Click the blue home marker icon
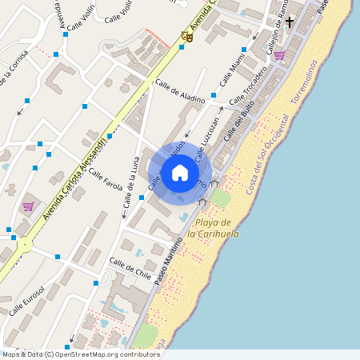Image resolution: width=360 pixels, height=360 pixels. pos(179,173)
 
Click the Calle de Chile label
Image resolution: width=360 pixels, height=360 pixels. pos(130,268)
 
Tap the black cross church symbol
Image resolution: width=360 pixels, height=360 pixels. pos(290,22)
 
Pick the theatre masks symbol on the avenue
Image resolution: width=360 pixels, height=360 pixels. pos(188,34)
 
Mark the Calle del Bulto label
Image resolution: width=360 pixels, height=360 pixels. pos(238,126)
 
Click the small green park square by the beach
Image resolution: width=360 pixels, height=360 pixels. pos(220,198)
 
